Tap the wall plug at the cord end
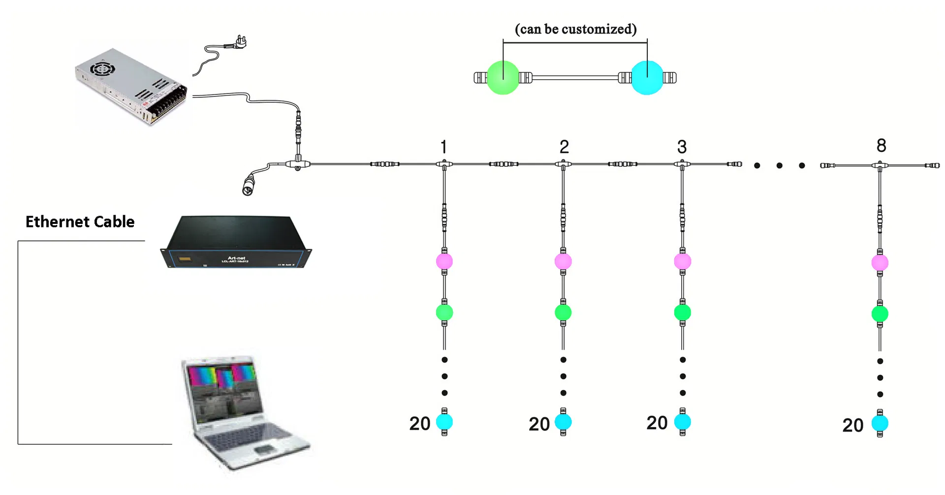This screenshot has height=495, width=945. click(240, 43)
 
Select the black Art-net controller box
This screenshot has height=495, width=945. click(236, 242)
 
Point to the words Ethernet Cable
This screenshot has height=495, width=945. click(80, 222)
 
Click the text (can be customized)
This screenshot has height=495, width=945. click(575, 29)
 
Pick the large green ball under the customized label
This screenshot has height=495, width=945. click(503, 77)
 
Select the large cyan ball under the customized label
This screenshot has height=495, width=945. click(647, 77)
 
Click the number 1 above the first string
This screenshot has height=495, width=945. click(443, 147)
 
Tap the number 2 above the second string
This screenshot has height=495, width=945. click(564, 147)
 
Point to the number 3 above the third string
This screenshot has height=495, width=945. click(682, 147)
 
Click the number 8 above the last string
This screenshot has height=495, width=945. click(881, 145)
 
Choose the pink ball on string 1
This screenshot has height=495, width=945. click(444, 261)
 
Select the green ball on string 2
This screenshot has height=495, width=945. click(563, 312)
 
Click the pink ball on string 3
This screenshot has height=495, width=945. click(682, 261)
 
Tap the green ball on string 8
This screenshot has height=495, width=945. click(880, 313)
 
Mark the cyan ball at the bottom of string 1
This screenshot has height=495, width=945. click(444, 422)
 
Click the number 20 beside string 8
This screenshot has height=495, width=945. click(852, 425)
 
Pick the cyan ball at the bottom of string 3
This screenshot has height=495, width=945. click(682, 422)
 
